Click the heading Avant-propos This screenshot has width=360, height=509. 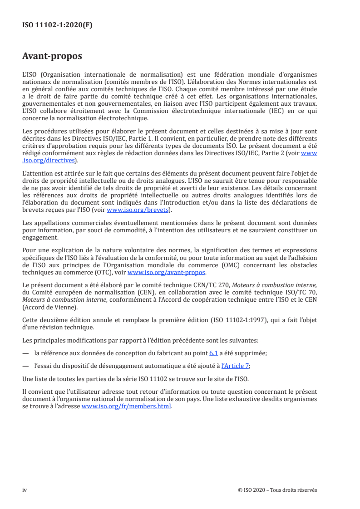tap(52, 56)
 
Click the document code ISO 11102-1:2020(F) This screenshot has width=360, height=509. tap(57, 25)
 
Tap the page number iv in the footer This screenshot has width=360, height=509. tap(25, 490)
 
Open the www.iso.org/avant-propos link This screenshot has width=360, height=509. tap(167, 273)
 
